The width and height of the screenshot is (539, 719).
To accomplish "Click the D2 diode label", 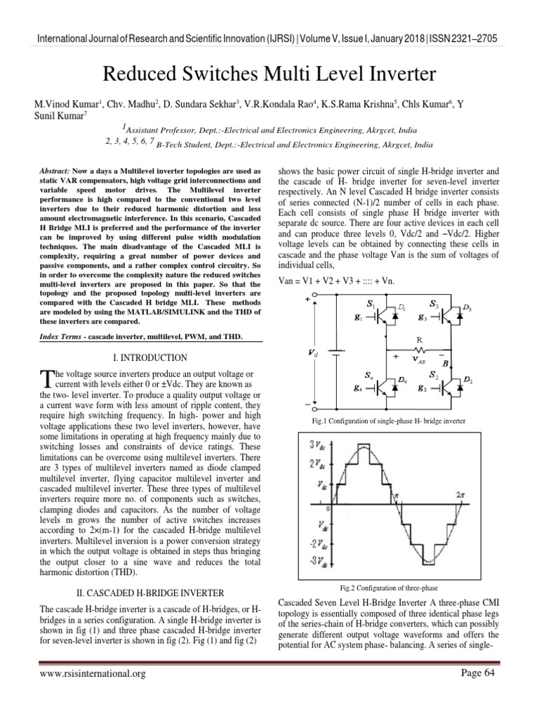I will [467, 380].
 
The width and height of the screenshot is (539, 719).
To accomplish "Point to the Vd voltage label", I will [312, 355].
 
